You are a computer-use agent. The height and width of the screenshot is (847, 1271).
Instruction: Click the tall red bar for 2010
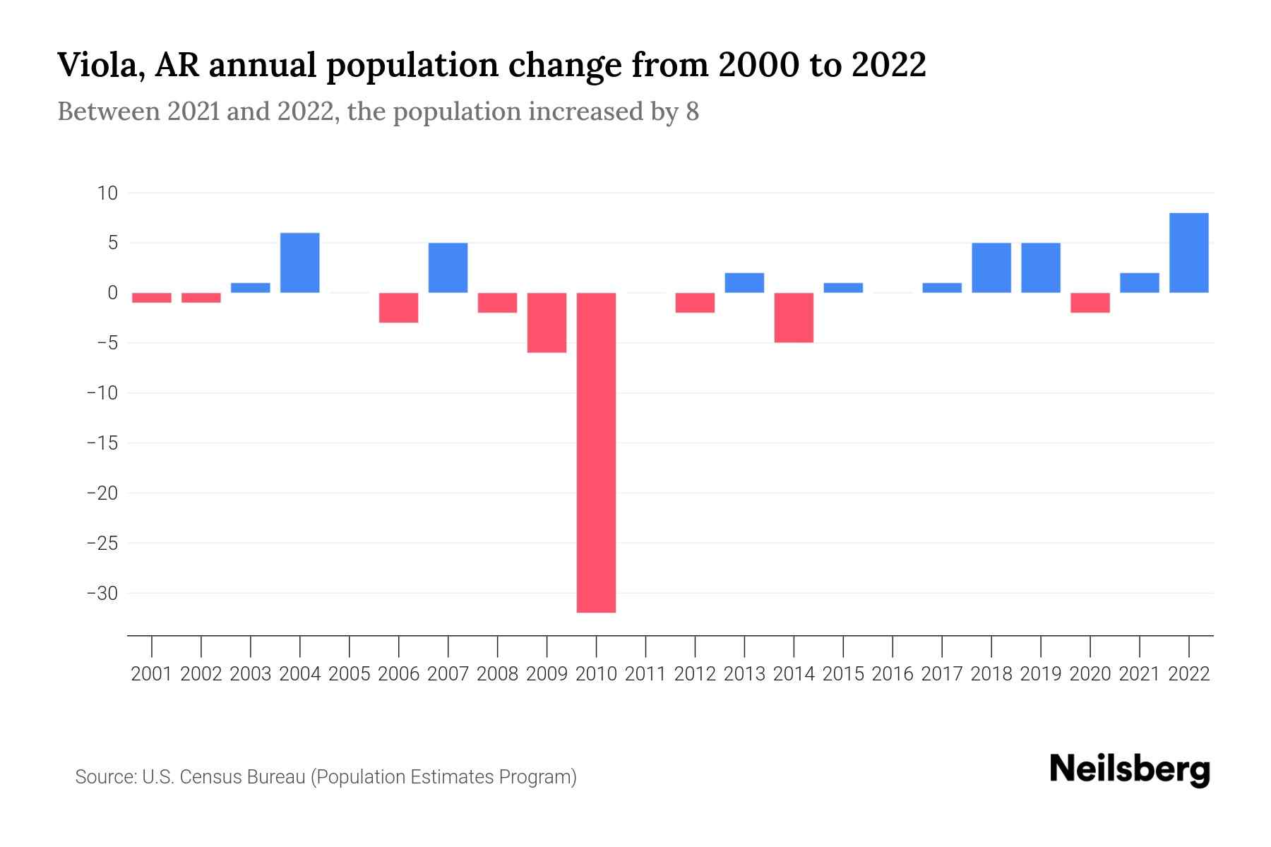click(596, 452)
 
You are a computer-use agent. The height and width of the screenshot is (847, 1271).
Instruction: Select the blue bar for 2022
click(1189, 253)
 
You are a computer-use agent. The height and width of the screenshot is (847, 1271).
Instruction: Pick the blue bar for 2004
click(300, 263)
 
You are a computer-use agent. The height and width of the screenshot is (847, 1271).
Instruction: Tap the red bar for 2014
click(794, 318)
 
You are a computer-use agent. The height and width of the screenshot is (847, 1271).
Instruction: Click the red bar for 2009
click(547, 323)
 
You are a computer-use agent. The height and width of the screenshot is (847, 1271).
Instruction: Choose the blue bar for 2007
click(448, 268)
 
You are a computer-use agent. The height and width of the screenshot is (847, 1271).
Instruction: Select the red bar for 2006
click(399, 308)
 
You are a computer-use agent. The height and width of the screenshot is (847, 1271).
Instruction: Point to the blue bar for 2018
click(991, 268)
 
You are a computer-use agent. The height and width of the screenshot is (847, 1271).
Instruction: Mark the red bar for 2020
click(1090, 303)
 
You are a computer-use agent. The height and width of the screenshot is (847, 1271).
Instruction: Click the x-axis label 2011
click(645, 674)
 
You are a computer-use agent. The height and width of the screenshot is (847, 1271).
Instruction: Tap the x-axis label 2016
click(893, 674)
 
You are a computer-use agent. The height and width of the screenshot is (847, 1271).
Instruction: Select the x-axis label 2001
click(152, 674)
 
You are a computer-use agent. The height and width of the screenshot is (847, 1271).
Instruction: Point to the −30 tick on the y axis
click(102, 594)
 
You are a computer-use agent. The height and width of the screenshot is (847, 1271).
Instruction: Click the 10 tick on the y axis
click(108, 193)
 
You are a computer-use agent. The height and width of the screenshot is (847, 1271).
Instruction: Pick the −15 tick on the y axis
click(102, 443)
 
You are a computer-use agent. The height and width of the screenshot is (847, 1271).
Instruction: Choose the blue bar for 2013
click(744, 282)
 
